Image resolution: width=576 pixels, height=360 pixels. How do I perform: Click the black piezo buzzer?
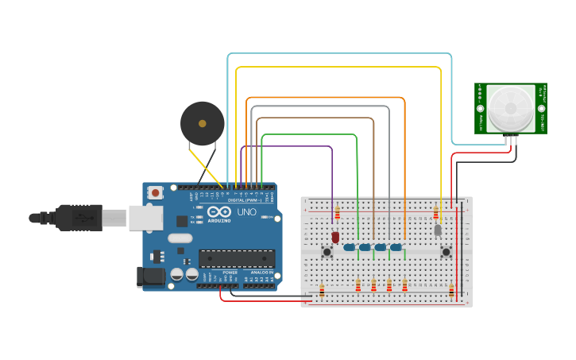click(202, 123)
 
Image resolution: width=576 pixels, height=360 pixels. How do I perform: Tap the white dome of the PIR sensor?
click(510, 108)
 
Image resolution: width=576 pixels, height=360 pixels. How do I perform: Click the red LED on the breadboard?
click(335, 237)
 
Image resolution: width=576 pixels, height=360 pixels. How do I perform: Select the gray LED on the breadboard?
click(437, 230)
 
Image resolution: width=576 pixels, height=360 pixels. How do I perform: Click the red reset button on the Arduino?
click(156, 192)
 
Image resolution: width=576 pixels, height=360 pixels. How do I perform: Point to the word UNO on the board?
click(247, 212)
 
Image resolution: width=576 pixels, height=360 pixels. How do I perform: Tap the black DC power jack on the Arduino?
click(149, 277)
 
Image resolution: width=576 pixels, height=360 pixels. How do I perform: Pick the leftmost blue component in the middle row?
click(349, 247)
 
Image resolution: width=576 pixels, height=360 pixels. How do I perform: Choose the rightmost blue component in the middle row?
click(396, 247)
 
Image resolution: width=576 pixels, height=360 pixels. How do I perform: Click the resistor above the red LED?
click(337, 212)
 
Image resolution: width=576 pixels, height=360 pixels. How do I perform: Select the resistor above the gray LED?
click(435, 212)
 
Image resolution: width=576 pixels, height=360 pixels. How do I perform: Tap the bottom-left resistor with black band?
click(322, 290)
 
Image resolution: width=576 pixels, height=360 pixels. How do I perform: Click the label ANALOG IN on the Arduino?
click(261, 273)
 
